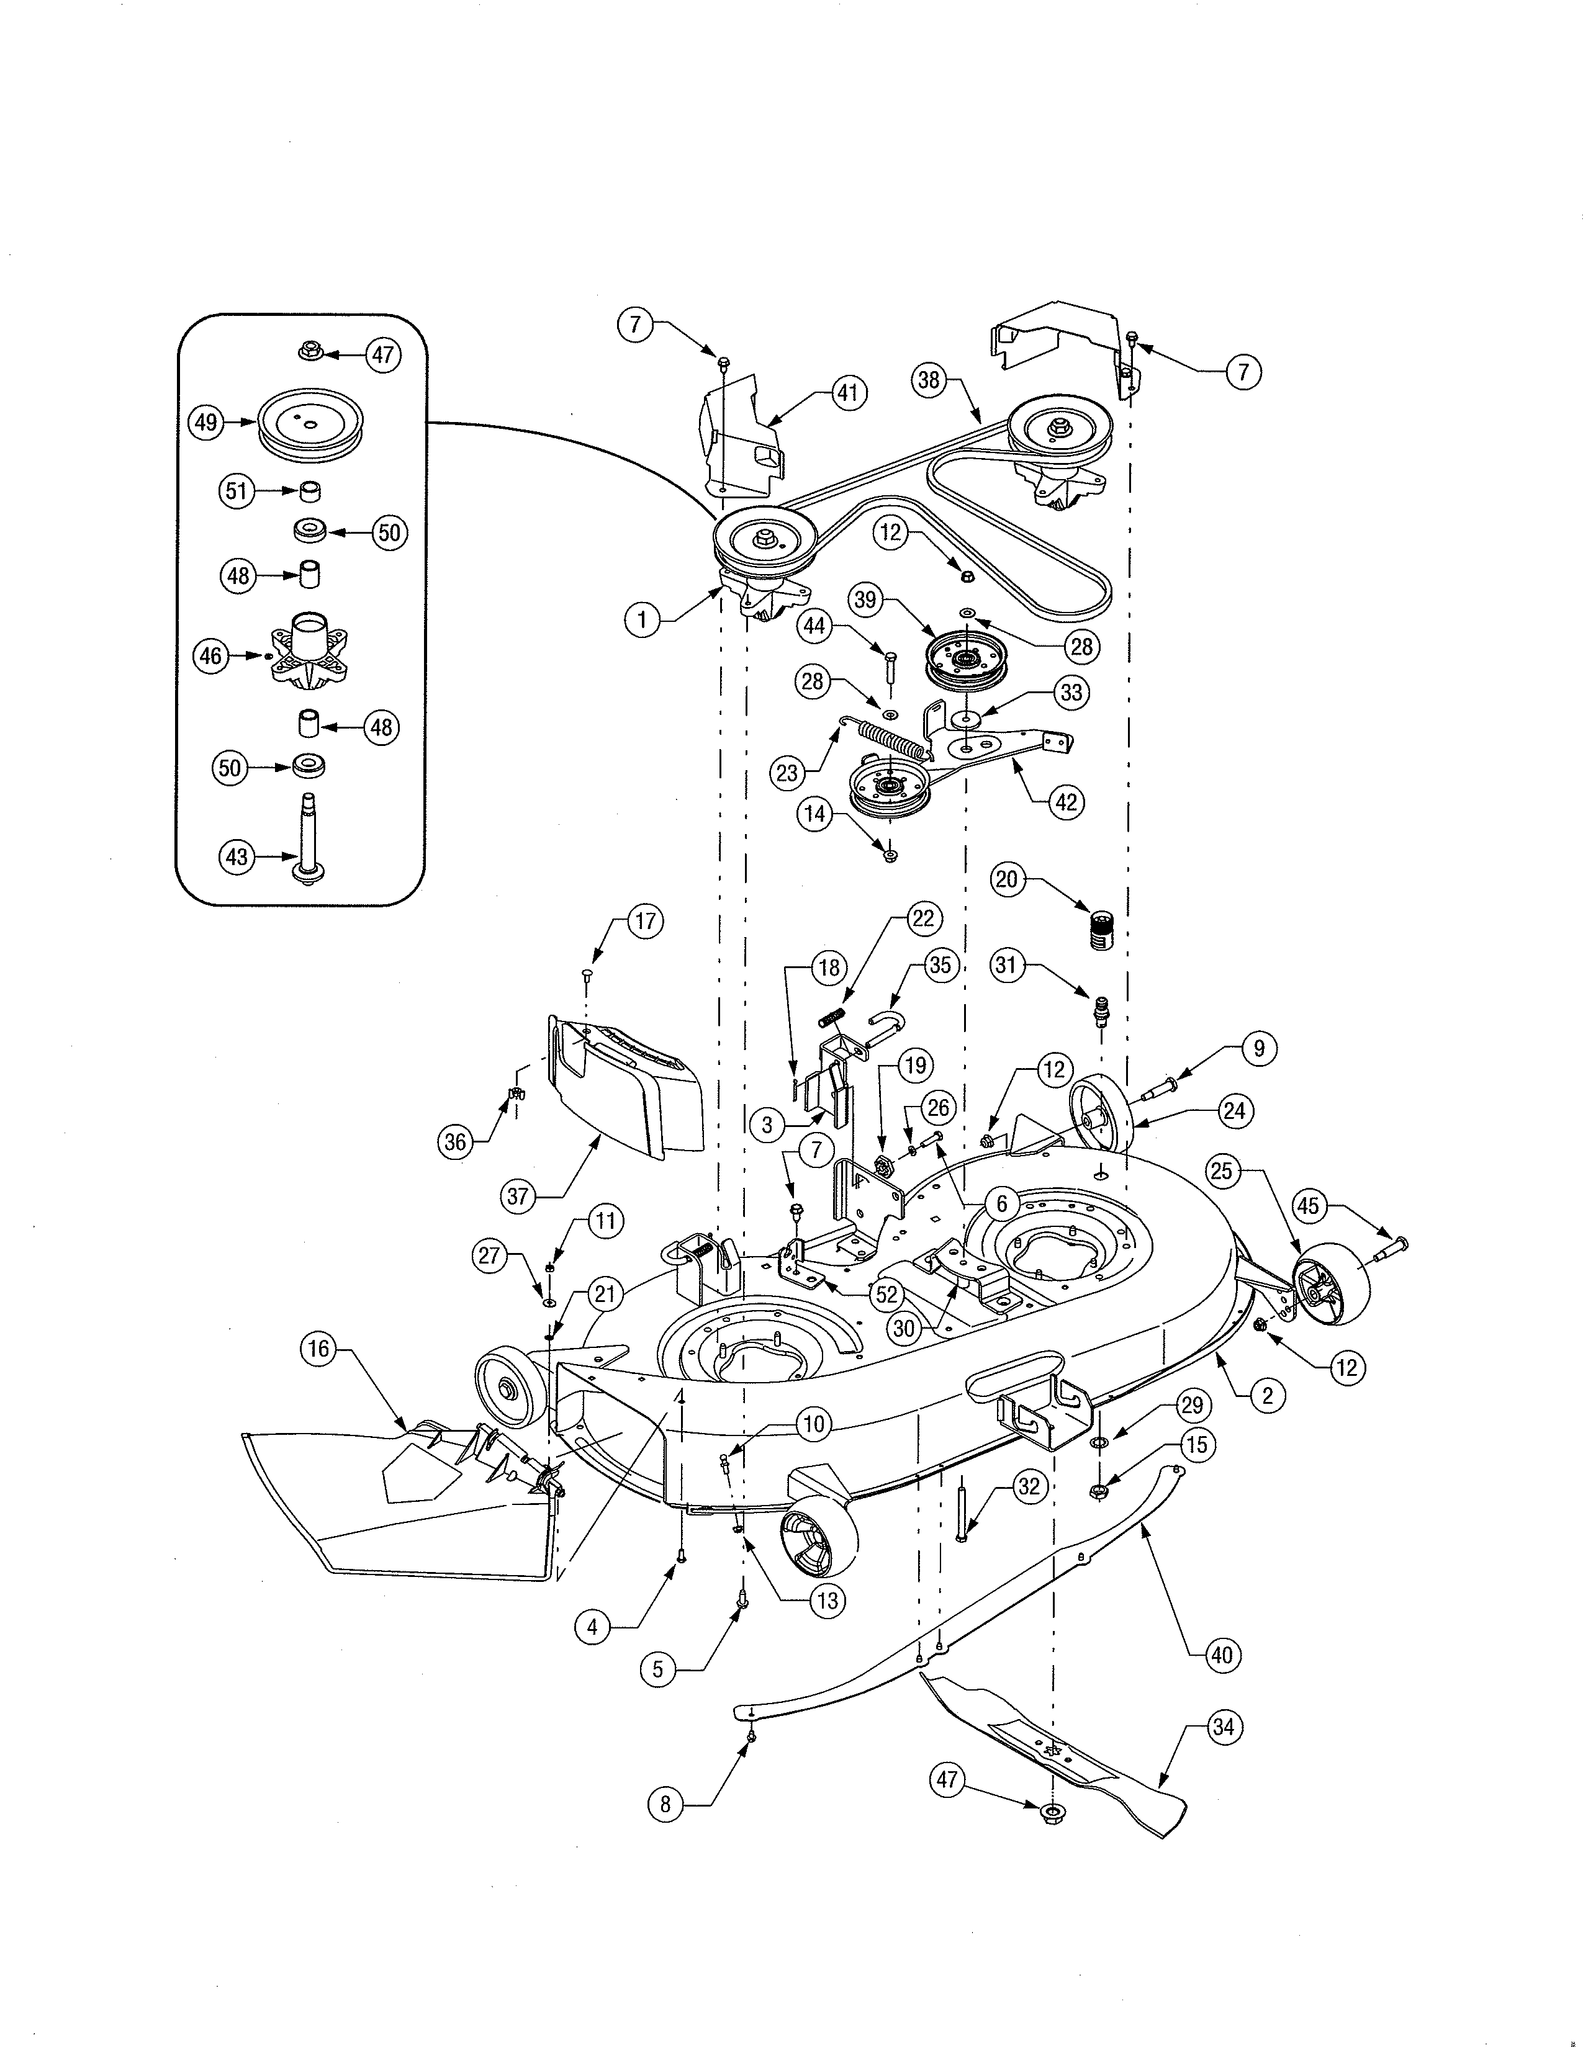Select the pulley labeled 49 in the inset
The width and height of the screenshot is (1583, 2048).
310,424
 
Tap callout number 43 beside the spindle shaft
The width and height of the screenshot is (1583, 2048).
237,856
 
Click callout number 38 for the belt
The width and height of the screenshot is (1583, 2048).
929,380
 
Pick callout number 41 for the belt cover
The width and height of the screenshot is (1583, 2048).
848,393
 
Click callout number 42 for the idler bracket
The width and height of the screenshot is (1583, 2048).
1067,802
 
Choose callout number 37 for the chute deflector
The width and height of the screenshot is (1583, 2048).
518,1196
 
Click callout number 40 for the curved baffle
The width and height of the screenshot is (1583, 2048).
1221,1655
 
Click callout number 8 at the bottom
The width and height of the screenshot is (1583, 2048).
665,1803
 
